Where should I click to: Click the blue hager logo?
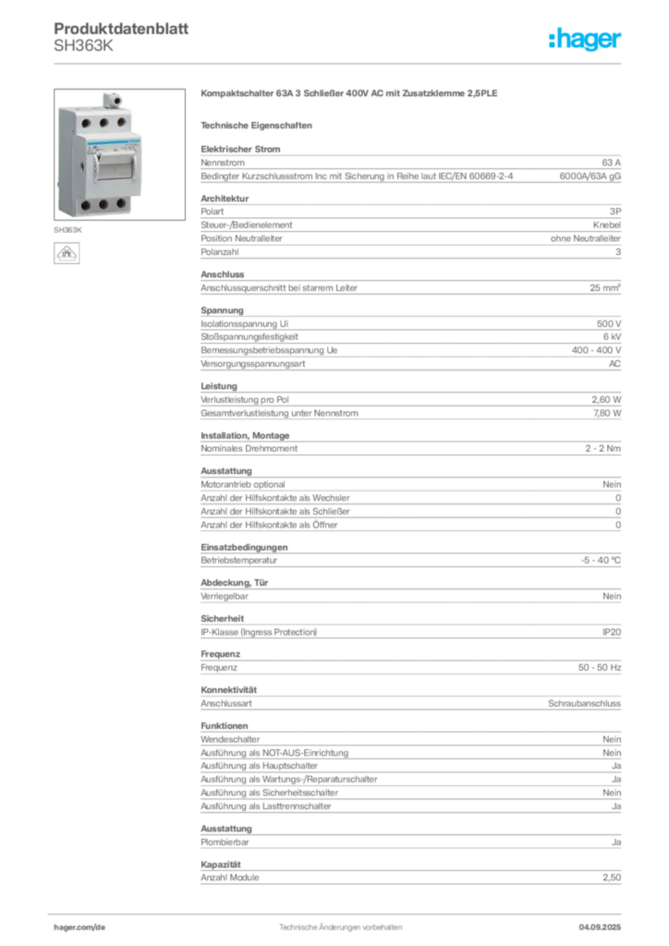(586, 40)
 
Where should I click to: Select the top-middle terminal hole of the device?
(95, 120)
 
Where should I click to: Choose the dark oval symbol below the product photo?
(67, 253)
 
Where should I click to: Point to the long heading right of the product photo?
(351, 95)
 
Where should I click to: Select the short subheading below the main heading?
(259, 124)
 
